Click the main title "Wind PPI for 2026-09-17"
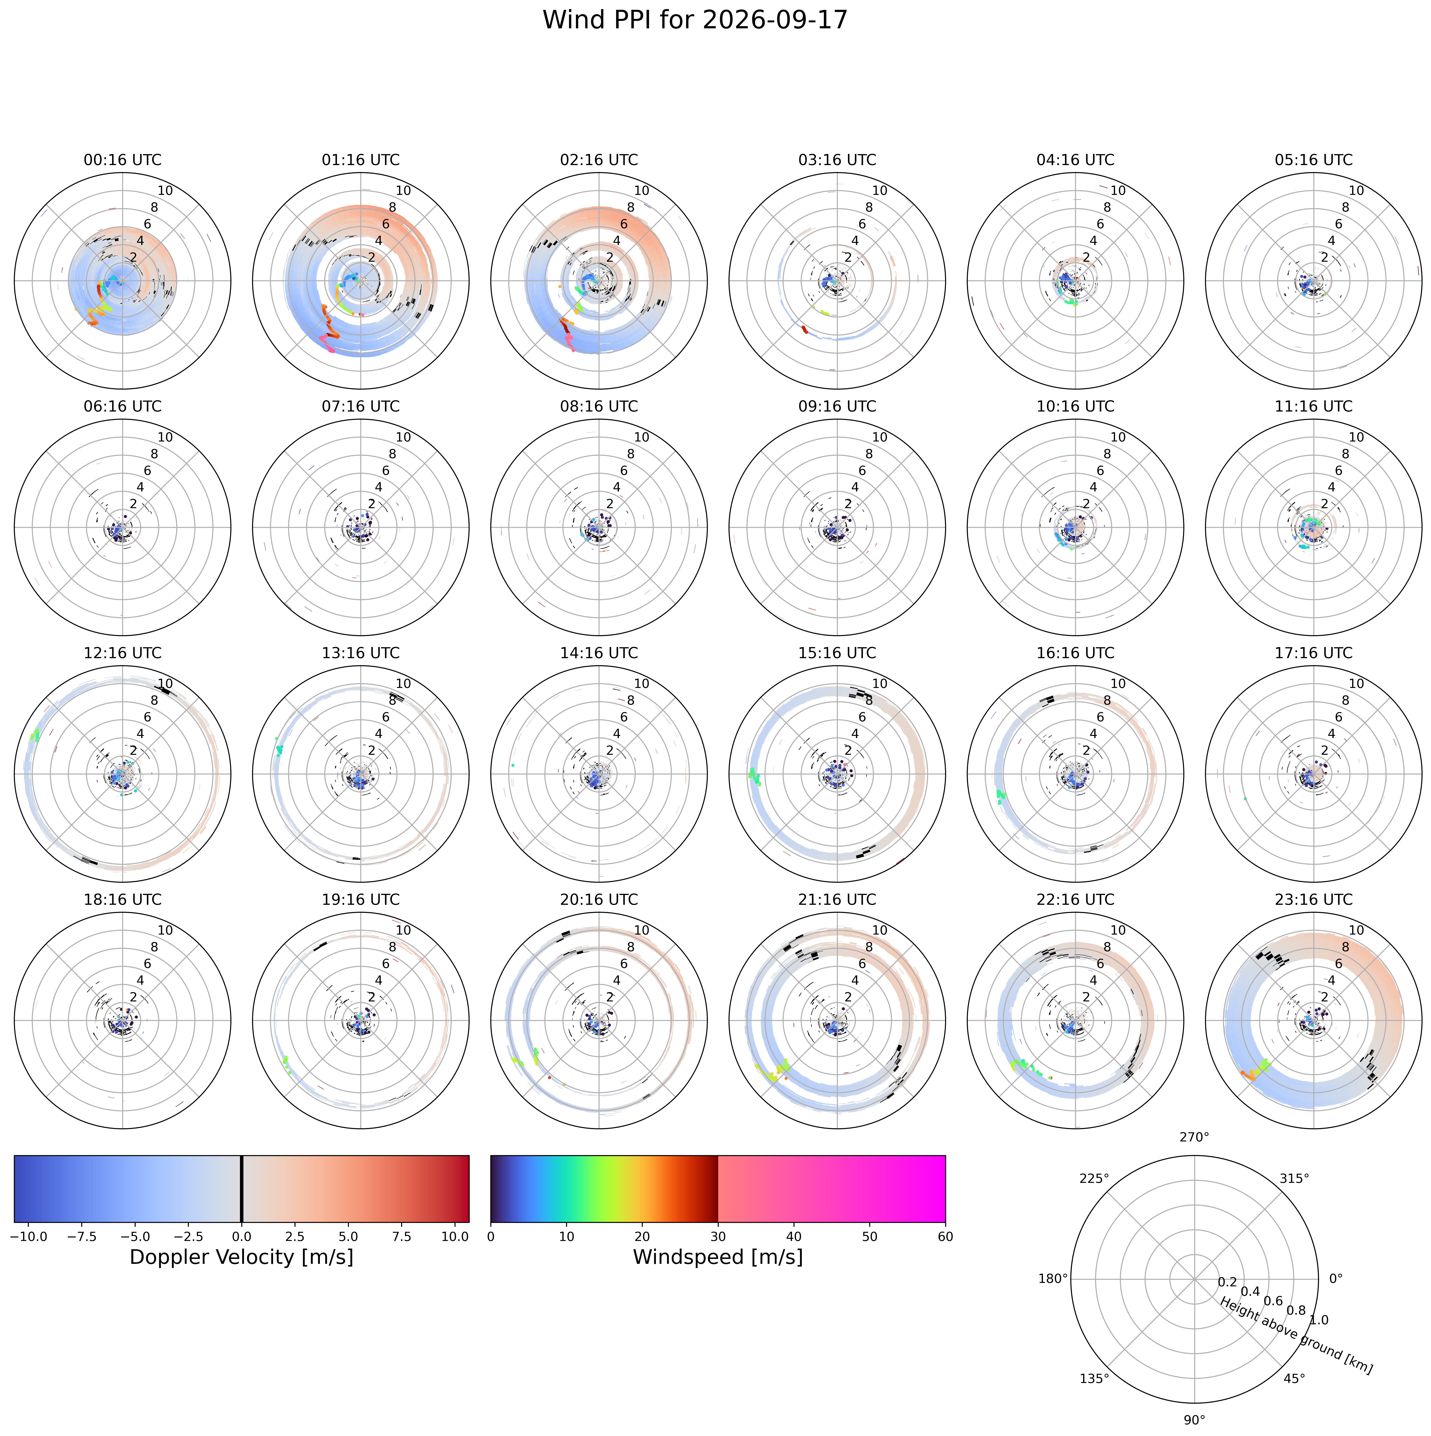tap(694, 20)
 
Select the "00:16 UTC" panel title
tap(123, 160)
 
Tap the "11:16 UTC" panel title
tap(1313, 407)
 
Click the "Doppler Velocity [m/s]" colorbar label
tap(242, 1257)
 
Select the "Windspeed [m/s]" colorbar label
tap(718, 1257)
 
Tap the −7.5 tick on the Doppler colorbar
tap(82, 1237)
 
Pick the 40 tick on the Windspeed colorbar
tap(794, 1237)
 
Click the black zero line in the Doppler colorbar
tap(242, 1188)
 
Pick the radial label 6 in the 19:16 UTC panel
tap(386, 964)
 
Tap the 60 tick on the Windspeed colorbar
tap(946, 1237)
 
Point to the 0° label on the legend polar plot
tap(1336, 1278)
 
